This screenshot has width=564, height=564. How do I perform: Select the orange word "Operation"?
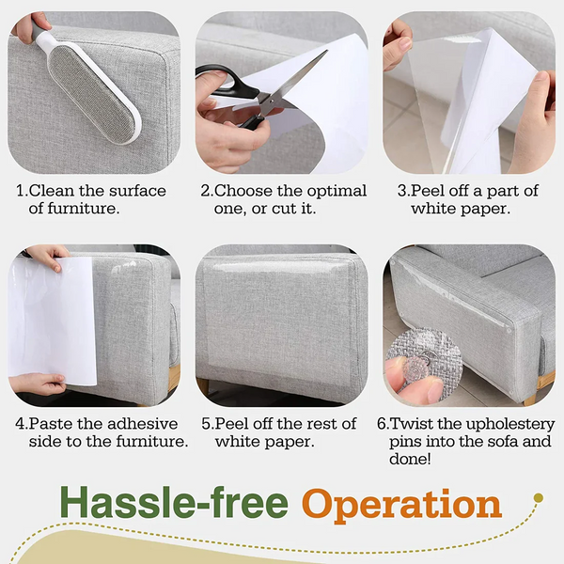point(401,505)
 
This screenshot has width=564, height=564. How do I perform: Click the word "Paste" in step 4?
point(53,424)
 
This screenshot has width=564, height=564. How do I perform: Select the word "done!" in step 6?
point(412,459)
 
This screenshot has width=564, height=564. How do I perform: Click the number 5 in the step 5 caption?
point(208,424)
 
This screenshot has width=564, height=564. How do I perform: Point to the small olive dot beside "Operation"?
point(538,497)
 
